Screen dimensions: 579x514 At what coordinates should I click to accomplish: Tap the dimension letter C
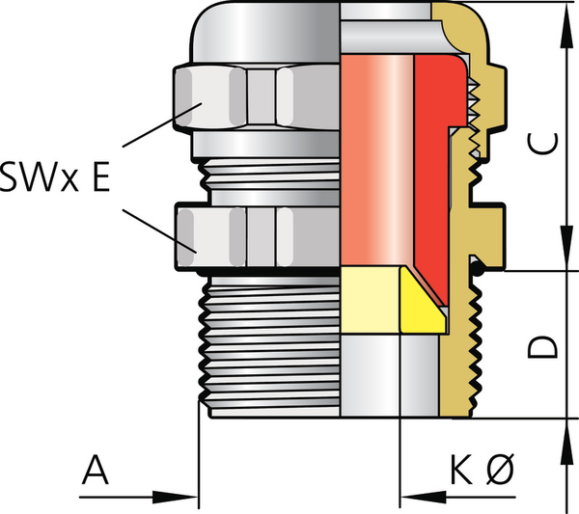pyautogui.click(x=542, y=143)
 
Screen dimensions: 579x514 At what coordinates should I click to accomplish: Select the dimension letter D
pyautogui.click(x=542, y=347)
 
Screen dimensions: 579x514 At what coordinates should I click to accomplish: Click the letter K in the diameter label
pyautogui.click(x=462, y=470)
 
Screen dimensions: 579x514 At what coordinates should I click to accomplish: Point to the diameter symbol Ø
pyautogui.click(x=499, y=470)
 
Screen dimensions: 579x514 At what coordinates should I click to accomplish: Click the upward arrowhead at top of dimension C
pyautogui.click(x=567, y=25)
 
